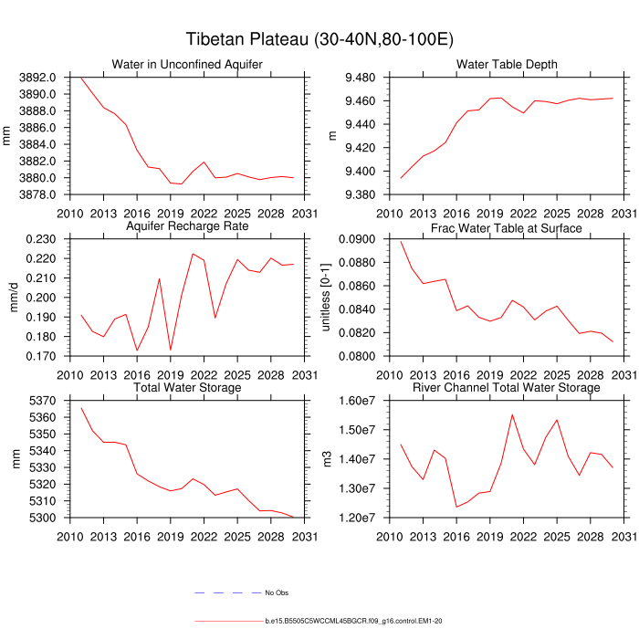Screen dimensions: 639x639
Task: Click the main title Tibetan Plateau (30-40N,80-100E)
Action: click(319, 39)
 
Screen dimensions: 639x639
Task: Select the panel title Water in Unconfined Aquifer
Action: click(187, 64)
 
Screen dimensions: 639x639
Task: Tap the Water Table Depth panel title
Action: click(507, 64)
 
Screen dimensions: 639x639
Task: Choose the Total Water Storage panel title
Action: click(187, 388)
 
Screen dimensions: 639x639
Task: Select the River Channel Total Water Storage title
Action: click(507, 388)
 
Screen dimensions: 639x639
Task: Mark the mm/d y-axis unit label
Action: click(15, 298)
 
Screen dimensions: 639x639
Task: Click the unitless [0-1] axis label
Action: click(328, 298)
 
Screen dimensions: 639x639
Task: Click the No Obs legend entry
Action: click(276, 592)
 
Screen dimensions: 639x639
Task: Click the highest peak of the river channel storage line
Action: click(512, 414)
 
